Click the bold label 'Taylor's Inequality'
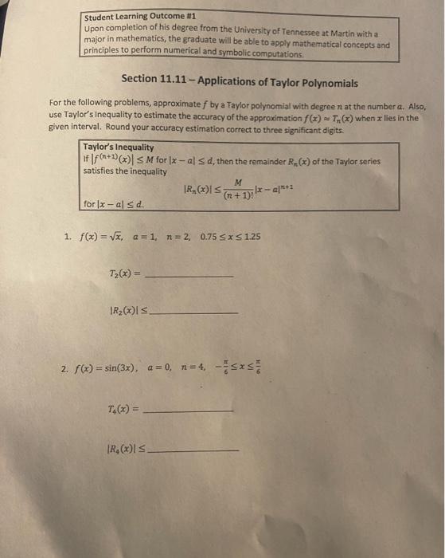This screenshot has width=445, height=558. (119, 147)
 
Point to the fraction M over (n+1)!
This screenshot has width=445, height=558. (238, 189)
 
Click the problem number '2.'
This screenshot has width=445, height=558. (64, 369)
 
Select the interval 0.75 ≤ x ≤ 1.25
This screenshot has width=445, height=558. (231, 237)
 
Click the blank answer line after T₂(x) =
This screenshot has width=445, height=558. (191, 275)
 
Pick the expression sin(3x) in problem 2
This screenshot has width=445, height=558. (121, 369)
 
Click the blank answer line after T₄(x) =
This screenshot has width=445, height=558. (191, 411)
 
